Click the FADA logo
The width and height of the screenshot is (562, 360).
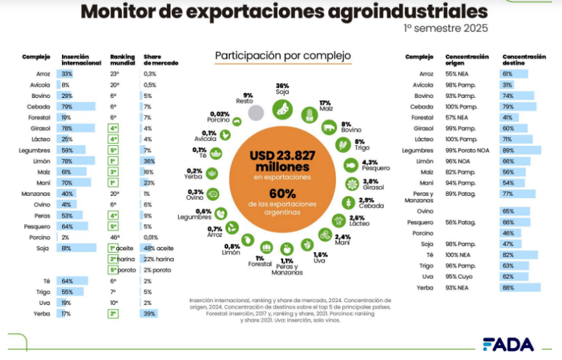pos(508,344)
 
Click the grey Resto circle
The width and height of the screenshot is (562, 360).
pos(256,112)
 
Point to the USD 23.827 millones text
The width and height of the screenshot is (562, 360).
pos(282,161)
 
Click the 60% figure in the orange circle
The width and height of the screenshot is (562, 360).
pos(282,194)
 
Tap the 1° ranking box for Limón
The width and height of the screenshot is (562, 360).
pos(113,161)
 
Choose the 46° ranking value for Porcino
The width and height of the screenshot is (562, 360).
pos(113,237)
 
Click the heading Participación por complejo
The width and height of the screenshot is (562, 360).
pos(282,55)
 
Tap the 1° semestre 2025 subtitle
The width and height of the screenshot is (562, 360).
pos(445,29)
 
